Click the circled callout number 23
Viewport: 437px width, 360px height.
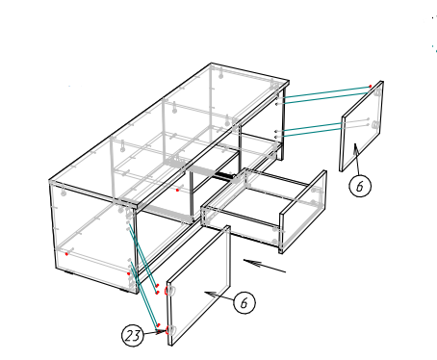click(132, 336)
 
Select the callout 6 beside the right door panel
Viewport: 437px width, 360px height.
click(360, 186)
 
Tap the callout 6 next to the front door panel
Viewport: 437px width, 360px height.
click(244, 302)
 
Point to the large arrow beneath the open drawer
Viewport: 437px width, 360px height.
click(265, 266)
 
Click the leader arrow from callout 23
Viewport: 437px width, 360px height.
click(154, 333)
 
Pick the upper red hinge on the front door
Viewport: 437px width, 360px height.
click(167, 291)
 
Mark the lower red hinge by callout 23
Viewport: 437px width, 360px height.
click(167, 330)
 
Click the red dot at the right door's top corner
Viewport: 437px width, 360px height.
click(370, 86)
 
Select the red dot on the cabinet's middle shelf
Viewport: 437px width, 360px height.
click(177, 191)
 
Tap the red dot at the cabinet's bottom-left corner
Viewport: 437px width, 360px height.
click(66, 254)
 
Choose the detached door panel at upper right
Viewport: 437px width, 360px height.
click(362, 126)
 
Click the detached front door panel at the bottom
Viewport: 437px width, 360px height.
click(199, 286)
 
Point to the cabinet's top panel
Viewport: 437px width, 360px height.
click(169, 135)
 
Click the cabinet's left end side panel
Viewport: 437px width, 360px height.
click(93, 238)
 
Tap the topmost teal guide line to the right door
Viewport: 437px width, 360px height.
click(327, 91)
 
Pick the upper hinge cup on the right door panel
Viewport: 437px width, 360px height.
click(377, 93)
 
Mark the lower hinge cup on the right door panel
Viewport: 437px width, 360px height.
click(375, 125)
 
